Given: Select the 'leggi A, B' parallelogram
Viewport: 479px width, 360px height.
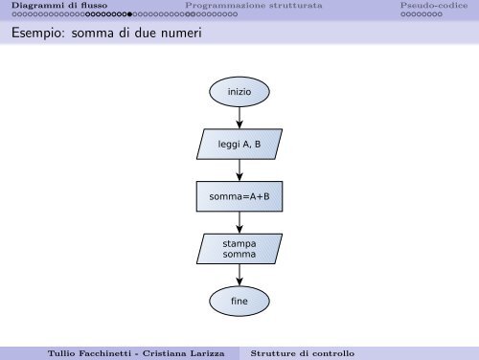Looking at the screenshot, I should (x=239, y=145).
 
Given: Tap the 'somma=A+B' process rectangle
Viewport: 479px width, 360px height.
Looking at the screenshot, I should (x=239, y=198).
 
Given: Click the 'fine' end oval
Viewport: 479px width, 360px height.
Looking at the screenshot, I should (x=239, y=302).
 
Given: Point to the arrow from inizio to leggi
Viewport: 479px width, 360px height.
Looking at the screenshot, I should (x=239, y=118).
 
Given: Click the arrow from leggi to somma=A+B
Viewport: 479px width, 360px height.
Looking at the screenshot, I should (x=239, y=171).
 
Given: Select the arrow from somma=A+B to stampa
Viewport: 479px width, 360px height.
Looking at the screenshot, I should (x=239, y=223).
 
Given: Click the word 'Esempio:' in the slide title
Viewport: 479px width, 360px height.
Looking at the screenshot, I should (x=35, y=36).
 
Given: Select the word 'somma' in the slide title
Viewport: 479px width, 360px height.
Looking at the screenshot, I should (x=94, y=36).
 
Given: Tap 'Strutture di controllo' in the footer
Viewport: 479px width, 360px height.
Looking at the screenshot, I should (x=302, y=352).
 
